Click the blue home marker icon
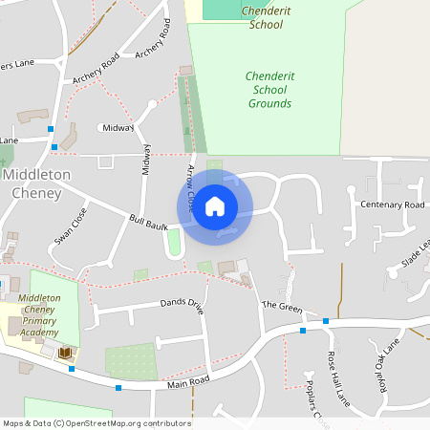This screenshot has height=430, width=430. (x=215, y=205)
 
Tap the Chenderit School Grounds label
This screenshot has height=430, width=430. (x=269, y=89)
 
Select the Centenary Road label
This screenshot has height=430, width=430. (x=392, y=205)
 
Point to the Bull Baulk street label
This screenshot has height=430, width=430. (x=148, y=225)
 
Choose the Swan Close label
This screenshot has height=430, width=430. (x=71, y=226)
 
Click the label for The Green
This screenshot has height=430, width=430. (x=282, y=306)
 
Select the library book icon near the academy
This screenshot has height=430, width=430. (x=65, y=355)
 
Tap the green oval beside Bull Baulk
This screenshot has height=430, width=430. (x=173, y=243)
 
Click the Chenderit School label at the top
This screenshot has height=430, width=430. (x=252, y=16)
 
